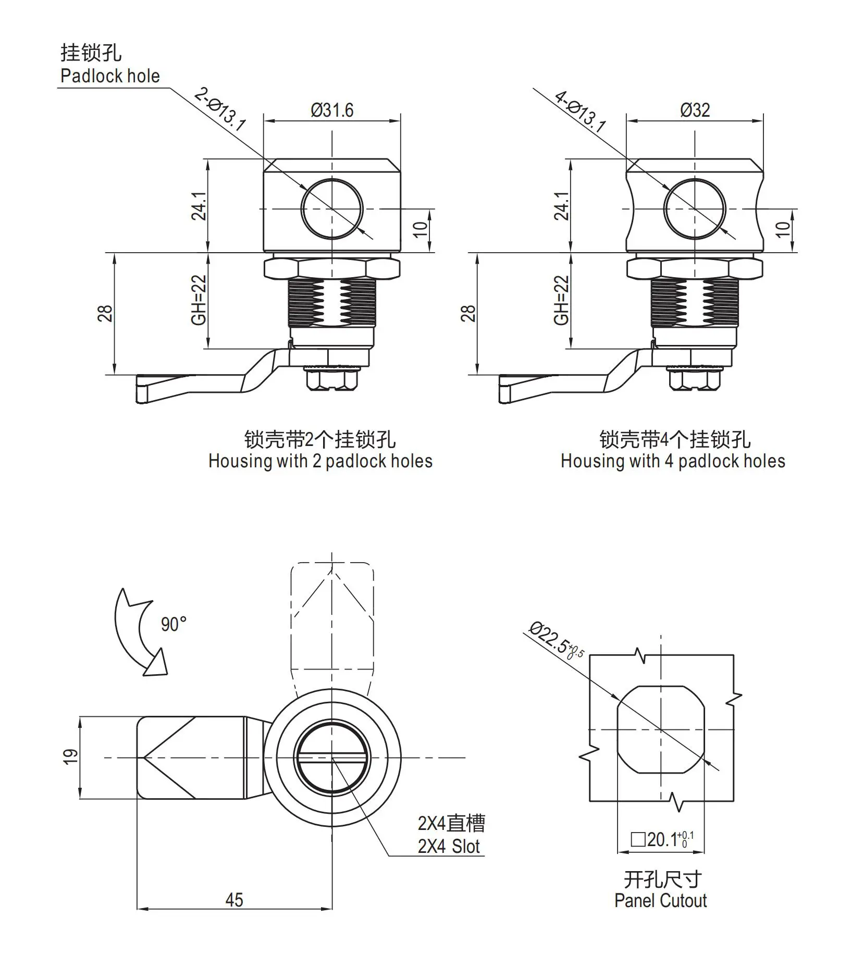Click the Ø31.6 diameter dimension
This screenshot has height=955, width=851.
pos(332,110)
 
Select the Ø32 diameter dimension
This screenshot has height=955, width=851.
pos(695,110)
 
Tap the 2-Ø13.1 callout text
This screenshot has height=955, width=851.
pos(219,109)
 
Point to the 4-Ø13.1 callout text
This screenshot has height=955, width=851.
pos(580,111)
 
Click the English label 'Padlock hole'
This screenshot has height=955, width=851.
pos(110,76)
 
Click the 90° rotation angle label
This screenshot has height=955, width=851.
pos(174,624)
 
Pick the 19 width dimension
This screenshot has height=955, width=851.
pos(70,756)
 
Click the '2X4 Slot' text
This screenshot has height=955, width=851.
pos(448,846)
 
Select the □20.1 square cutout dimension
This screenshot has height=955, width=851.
pos(662,839)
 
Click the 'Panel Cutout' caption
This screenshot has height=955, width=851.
pos(660,900)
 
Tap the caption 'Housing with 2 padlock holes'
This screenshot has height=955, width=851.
pos(320,461)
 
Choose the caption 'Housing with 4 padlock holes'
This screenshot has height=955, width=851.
pos(672,461)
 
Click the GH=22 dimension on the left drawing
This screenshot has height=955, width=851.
pos(199,300)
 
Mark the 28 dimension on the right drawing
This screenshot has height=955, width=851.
pos(468,313)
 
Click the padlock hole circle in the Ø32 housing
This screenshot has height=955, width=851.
pos(695,208)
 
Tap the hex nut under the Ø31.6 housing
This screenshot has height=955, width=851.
pos(332,268)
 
